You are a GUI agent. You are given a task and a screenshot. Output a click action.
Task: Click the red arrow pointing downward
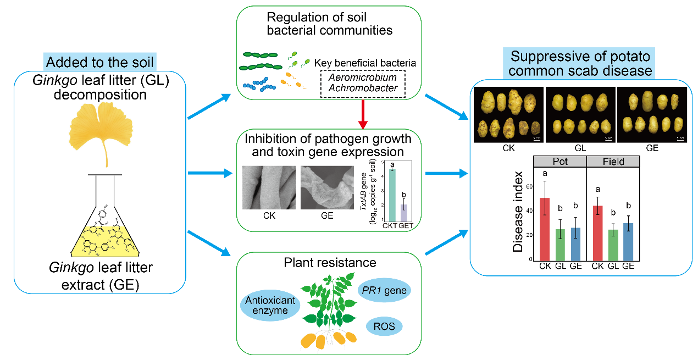click(x=331, y=113)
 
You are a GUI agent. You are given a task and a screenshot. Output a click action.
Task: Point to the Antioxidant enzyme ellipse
click(x=270, y=306)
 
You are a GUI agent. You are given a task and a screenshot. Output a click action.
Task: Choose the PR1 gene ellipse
click(x=384, y=290)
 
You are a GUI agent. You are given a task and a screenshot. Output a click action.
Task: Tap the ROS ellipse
click(x=384, y=326)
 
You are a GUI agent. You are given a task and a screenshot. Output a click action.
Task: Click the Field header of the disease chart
click(x=613, y=162)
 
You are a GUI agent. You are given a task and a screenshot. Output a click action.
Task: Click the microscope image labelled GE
click(x=327, y=187)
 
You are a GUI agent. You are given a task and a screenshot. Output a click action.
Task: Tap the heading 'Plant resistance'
click(x=329, y=262)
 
